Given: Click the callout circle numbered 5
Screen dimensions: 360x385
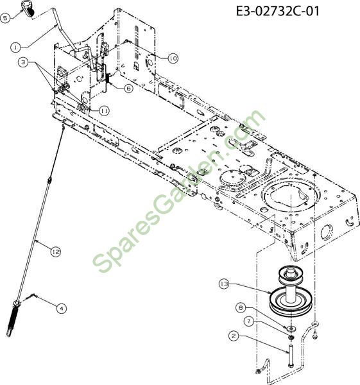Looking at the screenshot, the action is tap(5, 18).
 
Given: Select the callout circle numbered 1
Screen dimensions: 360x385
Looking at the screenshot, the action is tap(16, 47).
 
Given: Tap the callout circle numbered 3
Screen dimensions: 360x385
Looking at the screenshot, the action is tap(23, 62).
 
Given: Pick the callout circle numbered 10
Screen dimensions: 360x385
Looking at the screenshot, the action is tap(173, 58).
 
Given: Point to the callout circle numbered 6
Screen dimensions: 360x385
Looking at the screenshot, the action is tap(128, 89).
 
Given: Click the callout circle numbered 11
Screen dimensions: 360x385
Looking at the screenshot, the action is tap(104, 111).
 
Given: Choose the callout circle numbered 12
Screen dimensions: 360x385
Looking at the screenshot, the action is tap(56, 252).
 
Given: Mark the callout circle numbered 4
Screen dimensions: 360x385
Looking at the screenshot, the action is tap(61, 308).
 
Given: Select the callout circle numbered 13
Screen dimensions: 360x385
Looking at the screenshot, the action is tap(224, 284).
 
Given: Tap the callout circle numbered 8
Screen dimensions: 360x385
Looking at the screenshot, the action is tap(241, 307).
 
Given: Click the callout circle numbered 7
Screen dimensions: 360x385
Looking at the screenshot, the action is tap(249, 321).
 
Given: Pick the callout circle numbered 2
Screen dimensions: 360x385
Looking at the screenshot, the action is tap(234, 336).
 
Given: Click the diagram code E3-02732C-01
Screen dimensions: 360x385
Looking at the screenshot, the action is tap(278, 11).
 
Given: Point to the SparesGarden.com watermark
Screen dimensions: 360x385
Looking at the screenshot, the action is tap(179, 191).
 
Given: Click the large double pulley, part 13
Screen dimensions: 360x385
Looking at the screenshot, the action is tap(291, 292).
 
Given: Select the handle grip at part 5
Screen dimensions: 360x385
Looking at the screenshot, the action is tap(28, 8).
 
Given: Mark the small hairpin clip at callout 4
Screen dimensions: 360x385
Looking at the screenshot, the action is tap(30, 297).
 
